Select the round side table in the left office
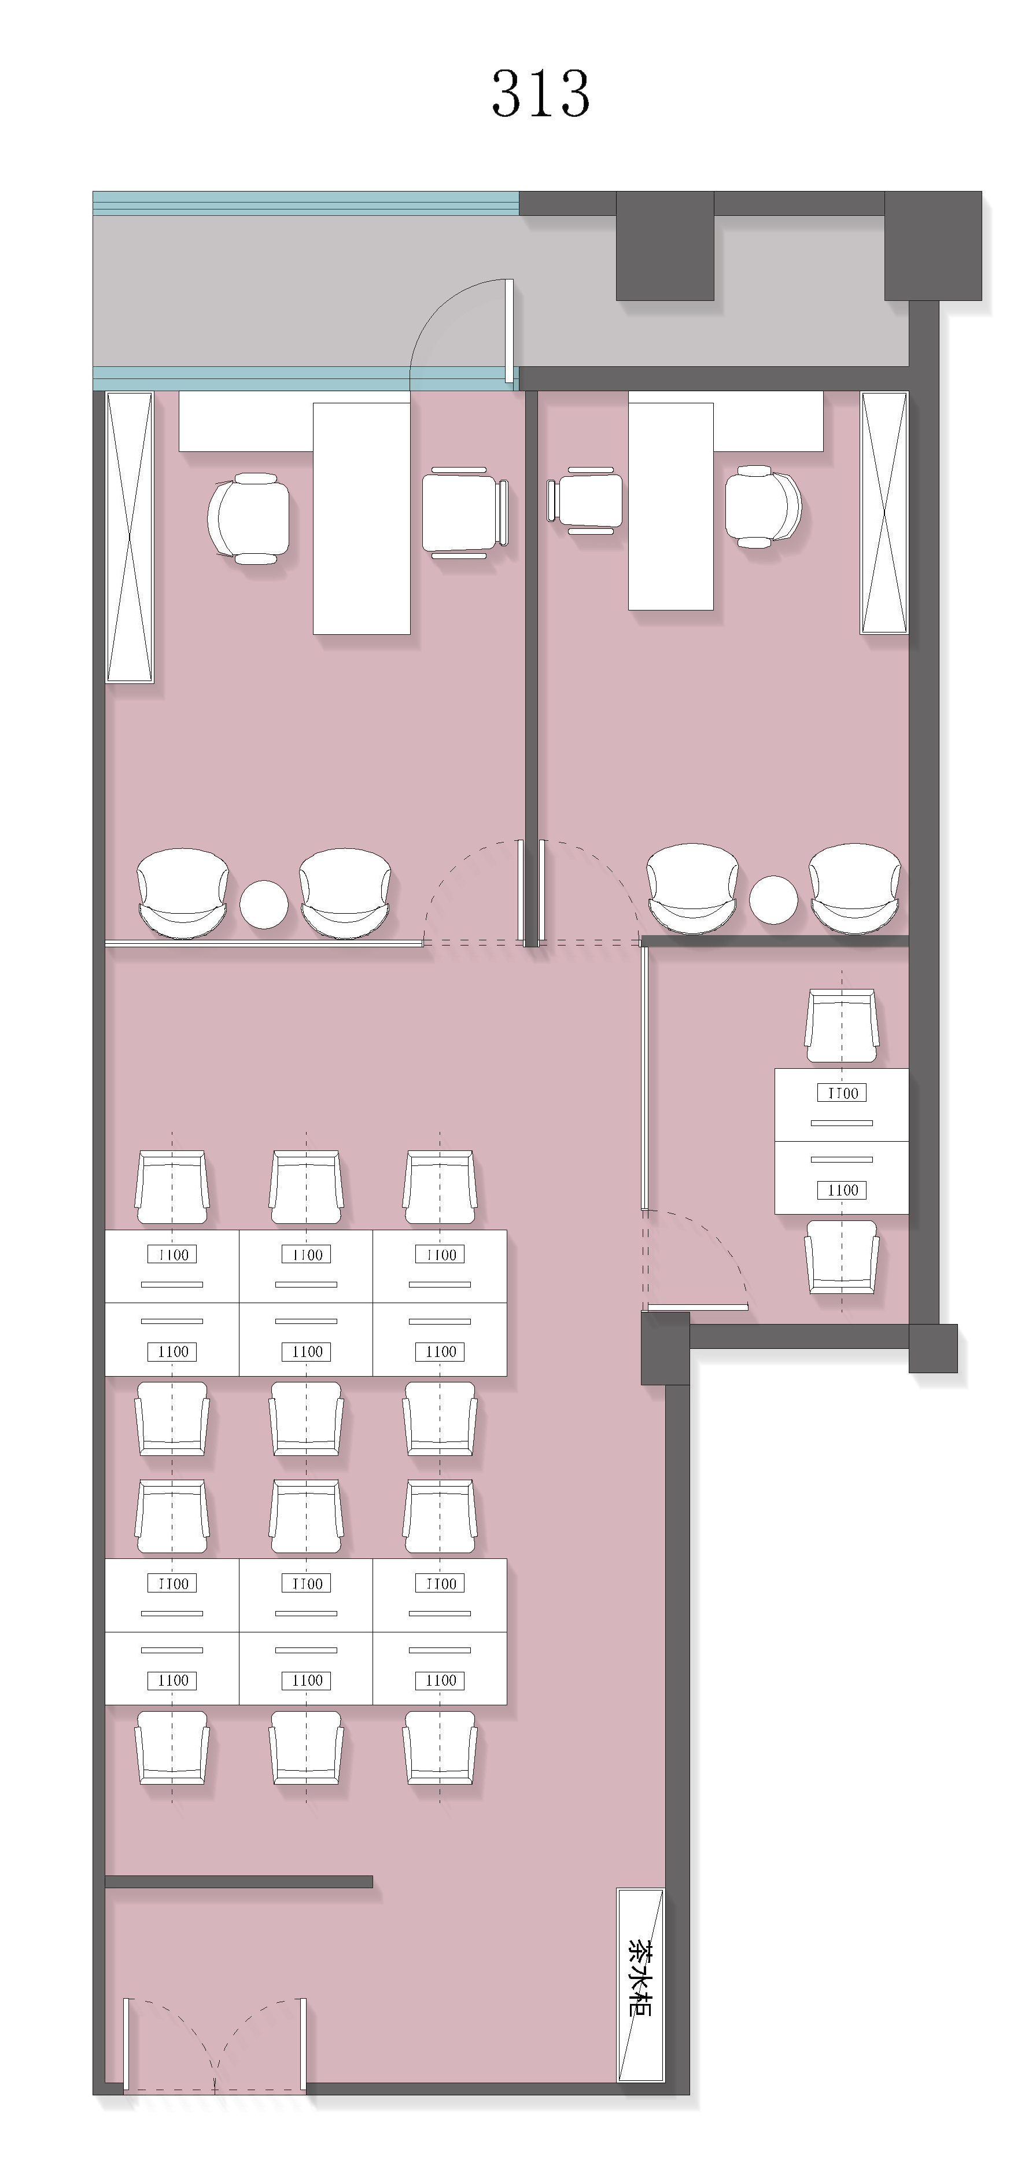pyautogui.click(x=264, y=904)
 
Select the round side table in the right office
pyautogui.click(x=773, y=900)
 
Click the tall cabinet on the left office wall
pyautogui.click(x=130, y=538)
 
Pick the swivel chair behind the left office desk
pyautogui.click(x=249, y=518)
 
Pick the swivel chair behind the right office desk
pyautogui.click(x=763, y=507)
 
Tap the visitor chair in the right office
pyautogui.click(x=585, y=501)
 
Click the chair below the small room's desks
pyautogui.click(x=842, y=1257)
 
